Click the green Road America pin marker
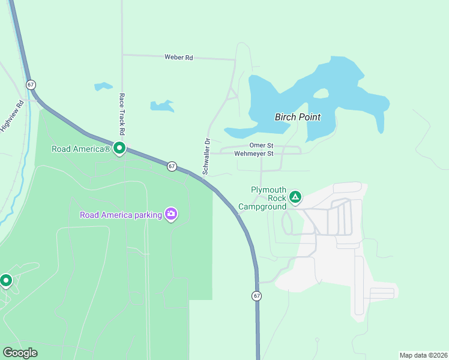point(119,148)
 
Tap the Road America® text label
point(81,149)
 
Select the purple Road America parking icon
point(171,214)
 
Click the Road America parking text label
point(121,215)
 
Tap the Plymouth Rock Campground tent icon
point(295,196)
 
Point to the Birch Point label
point(297,117)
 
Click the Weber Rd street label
point(179,58)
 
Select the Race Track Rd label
point(122,114)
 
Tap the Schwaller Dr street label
point(205,157)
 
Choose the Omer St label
point(261,145)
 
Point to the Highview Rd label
point(12,115)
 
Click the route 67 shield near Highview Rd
point(31,84)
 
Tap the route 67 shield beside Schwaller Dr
point(172,166)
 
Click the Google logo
point(20,353)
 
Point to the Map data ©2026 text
point(423,355)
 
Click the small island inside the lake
point(321,94)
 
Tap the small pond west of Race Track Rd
point(103,86)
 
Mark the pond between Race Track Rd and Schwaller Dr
point(161,106)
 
